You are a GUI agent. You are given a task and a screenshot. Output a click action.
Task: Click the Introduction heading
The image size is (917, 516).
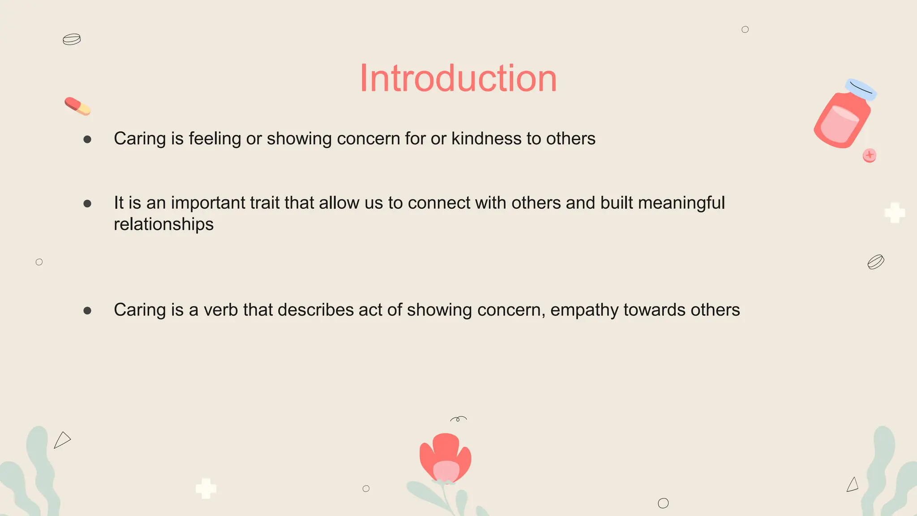pyautogui.click(x=458, y=79)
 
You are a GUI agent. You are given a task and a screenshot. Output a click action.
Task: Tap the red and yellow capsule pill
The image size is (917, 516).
pyautogui.click(x=77, y=106)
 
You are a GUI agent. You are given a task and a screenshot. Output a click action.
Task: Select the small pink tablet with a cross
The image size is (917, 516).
pyautogui.click(x=869, y=155)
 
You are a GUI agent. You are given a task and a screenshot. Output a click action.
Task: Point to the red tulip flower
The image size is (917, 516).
pyautogui.click(x=445, y=458)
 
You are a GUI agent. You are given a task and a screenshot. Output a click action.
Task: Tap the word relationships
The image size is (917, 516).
pyautogui.click(x=163, y=224)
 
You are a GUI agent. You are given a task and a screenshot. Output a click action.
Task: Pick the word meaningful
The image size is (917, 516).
pyautogui.click(x=681, y=203)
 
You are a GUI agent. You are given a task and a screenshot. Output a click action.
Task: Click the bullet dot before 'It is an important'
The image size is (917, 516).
pyautogui.click(x=87, y=204)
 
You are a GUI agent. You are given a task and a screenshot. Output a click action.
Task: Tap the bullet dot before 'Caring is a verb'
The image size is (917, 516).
pyautogui.click(x=87, y=310)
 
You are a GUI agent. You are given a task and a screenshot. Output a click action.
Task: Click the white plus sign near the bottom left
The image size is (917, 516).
pyautogui.click(x=206, y=488)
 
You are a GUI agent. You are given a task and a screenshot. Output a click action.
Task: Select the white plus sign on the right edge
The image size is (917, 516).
pyautogui.click(x=895, y=213)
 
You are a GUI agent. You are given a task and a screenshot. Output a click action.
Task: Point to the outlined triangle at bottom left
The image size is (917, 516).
pyautogui.click(x=62, y=440)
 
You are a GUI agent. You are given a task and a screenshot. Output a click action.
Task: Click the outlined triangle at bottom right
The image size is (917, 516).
pyautogui.click(x=853, y=485)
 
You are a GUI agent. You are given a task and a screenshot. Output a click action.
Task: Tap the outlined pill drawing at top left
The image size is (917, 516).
pyautogui.click(x=72, y=39)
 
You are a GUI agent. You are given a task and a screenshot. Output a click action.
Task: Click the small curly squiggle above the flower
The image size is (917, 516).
pyautogui.click(x=458, y=419)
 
